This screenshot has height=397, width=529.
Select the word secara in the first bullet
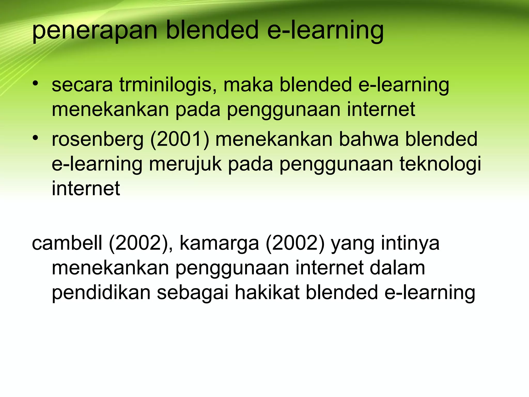point(82,85)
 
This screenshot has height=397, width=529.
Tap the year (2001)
point(180,140)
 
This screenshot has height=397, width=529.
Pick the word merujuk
point(185,164)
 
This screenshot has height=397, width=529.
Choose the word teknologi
point(440,164)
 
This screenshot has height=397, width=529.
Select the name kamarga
point(219,243)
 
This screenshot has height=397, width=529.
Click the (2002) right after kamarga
point(295,243)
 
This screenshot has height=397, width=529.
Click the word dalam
point(397,268)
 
